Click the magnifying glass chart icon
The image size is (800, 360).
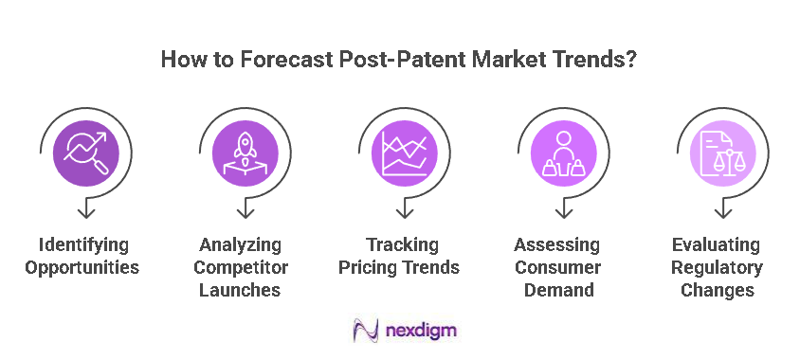coord(85,151)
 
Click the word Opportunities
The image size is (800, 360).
coord(84,267)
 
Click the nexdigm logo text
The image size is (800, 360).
coord(423,331)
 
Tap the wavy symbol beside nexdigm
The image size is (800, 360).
coord(366,331)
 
